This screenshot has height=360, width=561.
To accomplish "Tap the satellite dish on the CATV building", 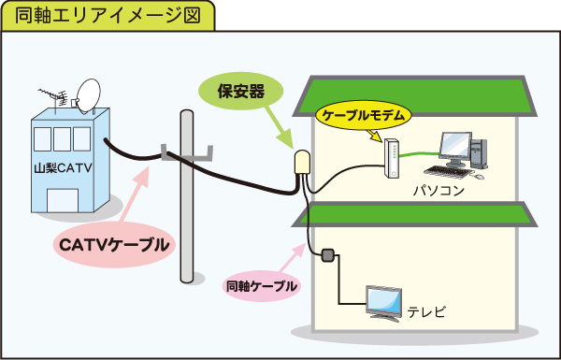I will tap(89, 95).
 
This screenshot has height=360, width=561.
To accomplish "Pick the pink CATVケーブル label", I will tap(115, 245).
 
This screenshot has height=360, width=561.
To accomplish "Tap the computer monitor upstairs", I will tap(455, 146).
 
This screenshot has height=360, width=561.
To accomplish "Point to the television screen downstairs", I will tap(383, 301).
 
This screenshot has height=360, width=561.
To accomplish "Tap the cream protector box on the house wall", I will tap(304, 166).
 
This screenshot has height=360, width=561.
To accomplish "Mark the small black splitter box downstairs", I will tap(328, 254).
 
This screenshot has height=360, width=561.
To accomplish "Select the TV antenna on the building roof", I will tap(53, 98).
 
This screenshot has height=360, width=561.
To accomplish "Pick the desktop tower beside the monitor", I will tap(478, 153).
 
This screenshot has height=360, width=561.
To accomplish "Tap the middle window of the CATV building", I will tap(63, 138).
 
